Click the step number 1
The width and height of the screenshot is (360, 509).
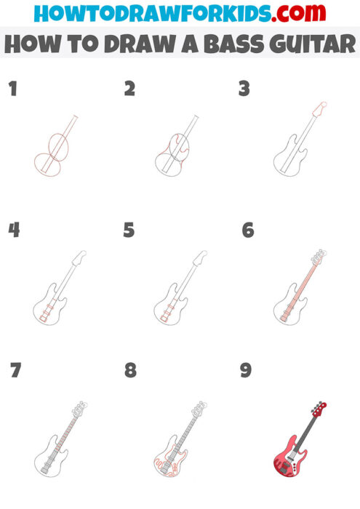[12, 89]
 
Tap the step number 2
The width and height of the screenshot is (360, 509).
[129, 89]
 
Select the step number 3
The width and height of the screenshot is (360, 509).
[244, 89]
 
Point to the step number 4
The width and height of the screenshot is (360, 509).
[14, 230]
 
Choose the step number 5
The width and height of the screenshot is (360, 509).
[129, 230]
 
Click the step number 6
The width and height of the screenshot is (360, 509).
[247, 230]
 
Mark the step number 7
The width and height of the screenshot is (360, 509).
[15, 370]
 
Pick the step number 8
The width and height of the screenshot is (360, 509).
[130, 370]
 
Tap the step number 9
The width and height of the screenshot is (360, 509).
[246, 370]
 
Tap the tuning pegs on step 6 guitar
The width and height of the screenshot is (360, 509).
[317, 256]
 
